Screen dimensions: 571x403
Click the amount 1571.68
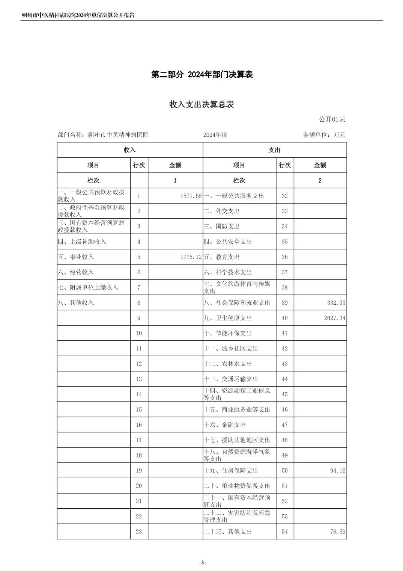click(191, 196)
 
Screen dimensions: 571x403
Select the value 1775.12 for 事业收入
click(191, 257)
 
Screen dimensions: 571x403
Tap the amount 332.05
click(336, 303)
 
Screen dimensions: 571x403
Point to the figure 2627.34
click(335, 318)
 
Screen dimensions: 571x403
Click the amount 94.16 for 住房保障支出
click(338, 471)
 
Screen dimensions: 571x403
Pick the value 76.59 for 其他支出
click(338, 532)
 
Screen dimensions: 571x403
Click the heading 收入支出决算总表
click(201, 104)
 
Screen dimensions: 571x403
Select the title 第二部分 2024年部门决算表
click(202, 74)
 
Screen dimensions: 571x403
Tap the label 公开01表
click(332, 119)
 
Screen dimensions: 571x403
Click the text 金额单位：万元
click(324, 135)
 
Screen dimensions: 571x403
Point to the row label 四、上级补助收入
click(82, 242)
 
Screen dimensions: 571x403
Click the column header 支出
click(274, 150)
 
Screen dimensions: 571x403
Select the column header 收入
click(129, 150)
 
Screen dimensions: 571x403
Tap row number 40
click(284, 318)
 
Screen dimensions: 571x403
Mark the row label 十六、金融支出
click(225, 425)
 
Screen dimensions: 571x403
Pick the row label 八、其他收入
click(76, 303)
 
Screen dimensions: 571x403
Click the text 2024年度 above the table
click(215, 135)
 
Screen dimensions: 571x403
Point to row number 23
click(139, 532)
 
